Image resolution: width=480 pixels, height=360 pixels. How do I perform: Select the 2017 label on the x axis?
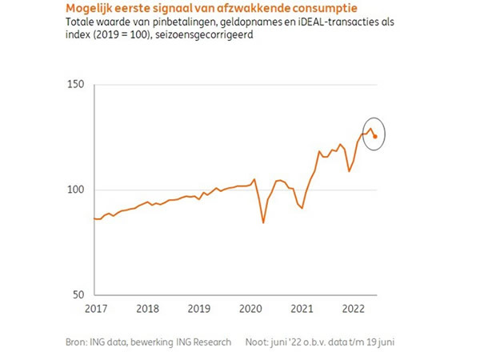(94, 308)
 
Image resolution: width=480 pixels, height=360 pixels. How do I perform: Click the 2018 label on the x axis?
(146, 308)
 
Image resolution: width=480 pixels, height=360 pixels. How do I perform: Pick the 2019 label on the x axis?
(198, 308)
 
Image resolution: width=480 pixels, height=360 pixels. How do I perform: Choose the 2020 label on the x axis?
(250, 308)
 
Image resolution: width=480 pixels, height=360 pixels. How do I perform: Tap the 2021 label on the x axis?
(302, 308)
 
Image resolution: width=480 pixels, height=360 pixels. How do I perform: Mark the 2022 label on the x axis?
(354, 308)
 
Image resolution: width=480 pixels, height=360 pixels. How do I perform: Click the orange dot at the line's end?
(375, 136)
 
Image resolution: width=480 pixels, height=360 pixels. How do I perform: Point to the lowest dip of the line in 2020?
(264, 222)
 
